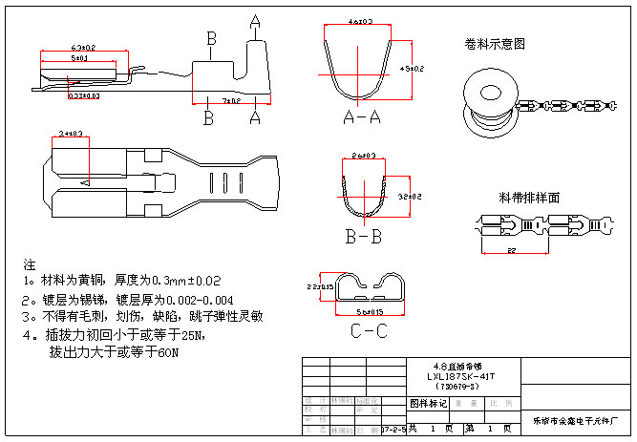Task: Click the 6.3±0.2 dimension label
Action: pyautogui.click(x=83, y=48)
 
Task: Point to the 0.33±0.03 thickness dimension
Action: pyautogui.click(x=85, y=95)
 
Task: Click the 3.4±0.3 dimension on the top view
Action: pyautogui.click(x=71, y=135)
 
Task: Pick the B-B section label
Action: pyautogui.click(x=366, y=236)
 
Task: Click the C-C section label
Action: pyautogui.click(x=368, y=332)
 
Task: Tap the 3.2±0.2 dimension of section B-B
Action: pyautogui.click(x=411, y=196)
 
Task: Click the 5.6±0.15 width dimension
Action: pyautogui.click(x=370, y=311)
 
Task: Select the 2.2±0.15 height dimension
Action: pyautogui.click(x=320, y=286)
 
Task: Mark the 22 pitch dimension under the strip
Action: pyautogui.click(x=513, y=250)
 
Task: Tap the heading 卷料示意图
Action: pyautogui.click(x=495, y=44)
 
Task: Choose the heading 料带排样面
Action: pyautogui.click(x=528, y=198)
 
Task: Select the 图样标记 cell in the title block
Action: pyautogui.click(x=429, y=404)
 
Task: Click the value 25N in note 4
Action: pyautogui.click(x=191, y=336)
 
